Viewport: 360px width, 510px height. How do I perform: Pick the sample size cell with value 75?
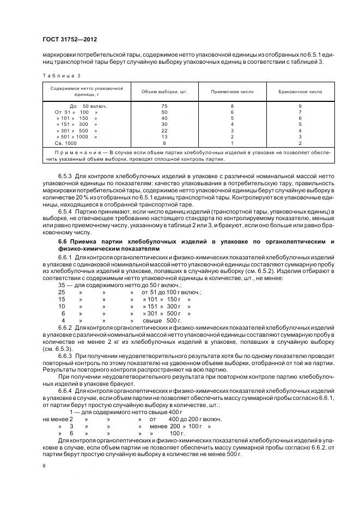164,106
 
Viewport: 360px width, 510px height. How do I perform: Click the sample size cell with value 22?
164,131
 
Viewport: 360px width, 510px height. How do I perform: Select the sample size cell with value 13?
164,137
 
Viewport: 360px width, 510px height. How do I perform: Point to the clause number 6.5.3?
65,177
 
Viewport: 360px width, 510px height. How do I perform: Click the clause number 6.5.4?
65,210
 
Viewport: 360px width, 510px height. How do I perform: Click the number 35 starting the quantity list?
62,285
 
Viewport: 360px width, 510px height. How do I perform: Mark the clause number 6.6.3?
65,355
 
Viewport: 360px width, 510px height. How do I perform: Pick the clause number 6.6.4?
65,391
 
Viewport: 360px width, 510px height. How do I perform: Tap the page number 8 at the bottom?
44,466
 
